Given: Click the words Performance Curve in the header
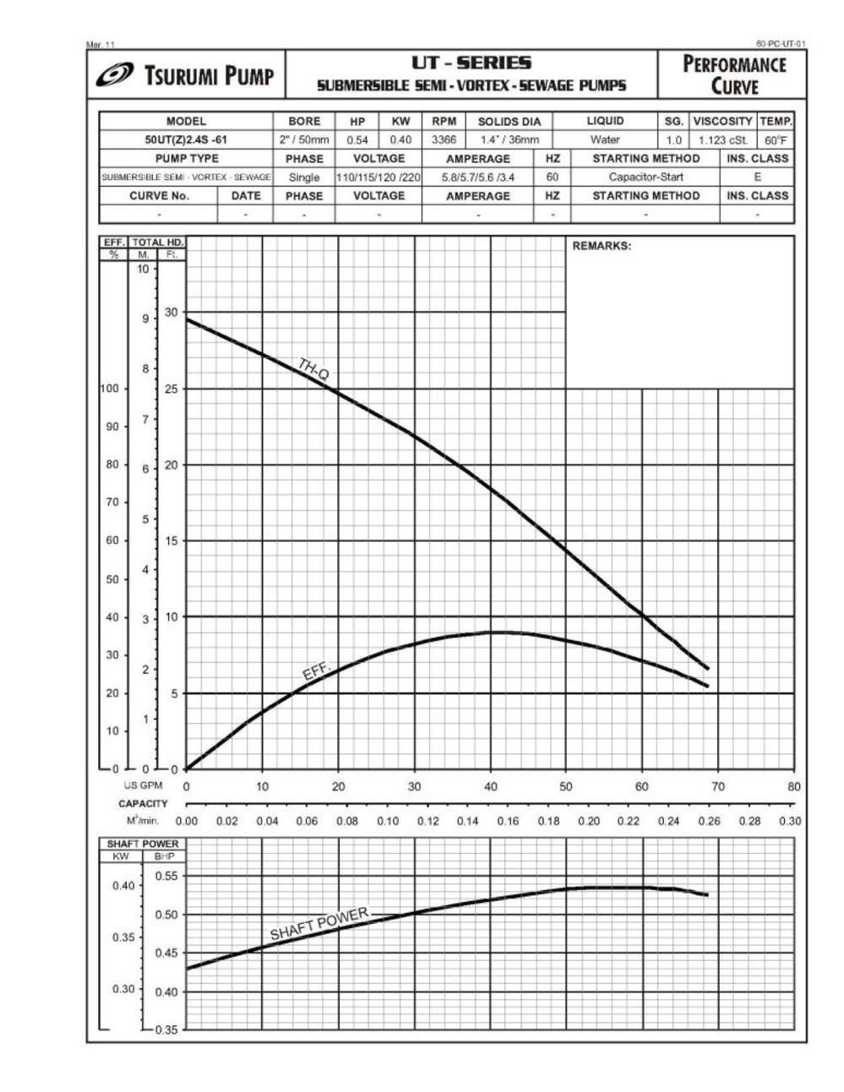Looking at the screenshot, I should click(x=733, y=74).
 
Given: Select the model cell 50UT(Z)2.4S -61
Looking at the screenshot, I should click(x=186, y=140).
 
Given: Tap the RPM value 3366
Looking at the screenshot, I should click(x=444, y=140).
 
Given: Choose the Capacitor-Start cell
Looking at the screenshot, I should click(x=645, y=177).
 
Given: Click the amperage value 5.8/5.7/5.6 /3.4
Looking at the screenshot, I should click(x=478, y=177).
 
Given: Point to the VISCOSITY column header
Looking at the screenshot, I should click(x=723, y=122).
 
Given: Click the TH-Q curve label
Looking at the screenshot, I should click(x=313, y=369).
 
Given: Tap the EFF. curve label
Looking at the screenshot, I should click(x=318, y=671).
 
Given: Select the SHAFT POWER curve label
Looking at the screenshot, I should click(x=319, y=924).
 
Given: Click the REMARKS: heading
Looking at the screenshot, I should click(x=602, y=247).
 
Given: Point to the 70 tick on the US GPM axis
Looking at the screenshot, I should click(x=717, y=786).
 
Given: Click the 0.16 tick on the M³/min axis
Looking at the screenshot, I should click(x=508, y=821).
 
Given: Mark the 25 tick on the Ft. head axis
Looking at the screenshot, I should click(x=172, y=388).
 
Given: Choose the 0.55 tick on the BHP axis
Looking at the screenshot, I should click(x=167, y=876).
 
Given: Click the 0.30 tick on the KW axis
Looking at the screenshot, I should click(x=123, y=988).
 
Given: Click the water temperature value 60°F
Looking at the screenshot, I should click(x=776, y=140).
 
